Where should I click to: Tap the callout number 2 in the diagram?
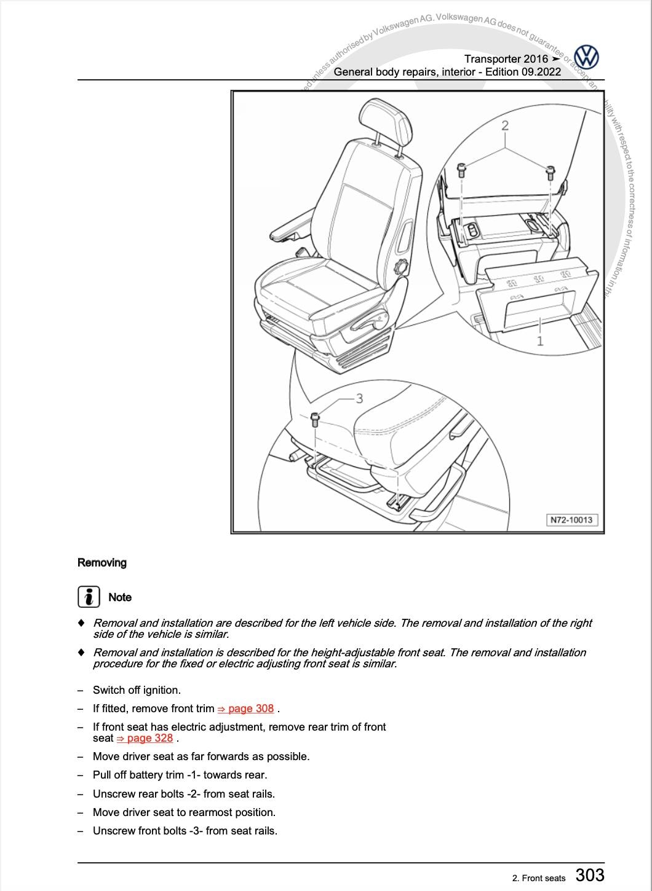505,126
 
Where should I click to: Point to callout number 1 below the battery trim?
540,341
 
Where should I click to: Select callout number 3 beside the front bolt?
360,399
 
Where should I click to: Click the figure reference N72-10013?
571,520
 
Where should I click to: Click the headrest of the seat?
386,121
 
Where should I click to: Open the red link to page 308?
245,708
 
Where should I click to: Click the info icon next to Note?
89,597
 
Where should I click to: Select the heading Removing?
102,562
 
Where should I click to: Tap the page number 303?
590,875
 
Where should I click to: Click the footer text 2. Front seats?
538,878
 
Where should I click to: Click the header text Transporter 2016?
506,59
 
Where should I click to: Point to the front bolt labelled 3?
315,419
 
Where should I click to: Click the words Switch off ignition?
137,690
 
